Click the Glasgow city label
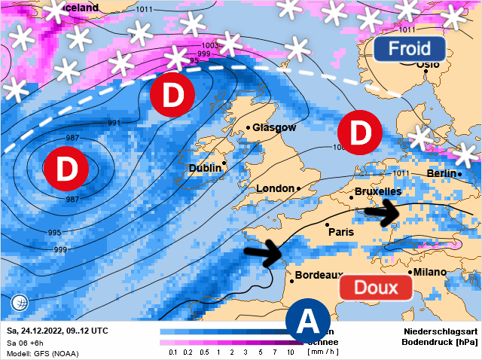(x=274, y=128)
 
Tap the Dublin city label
(x=205, y=168)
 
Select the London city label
(x=275, y=188)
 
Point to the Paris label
(x=340, y=232)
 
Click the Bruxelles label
(x=377, y=192)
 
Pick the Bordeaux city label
(x=319, y=276)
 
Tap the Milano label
(x=429, y=272)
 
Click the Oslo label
(x=427, y=65)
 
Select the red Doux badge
(x=376, y=288)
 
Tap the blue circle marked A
(x=308, y=322)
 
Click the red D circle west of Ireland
(x=67, y=169)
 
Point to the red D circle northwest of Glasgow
(x=172, y=96)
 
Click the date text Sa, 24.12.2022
(x=35, y=331)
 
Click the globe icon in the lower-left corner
(x=20, y=304)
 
